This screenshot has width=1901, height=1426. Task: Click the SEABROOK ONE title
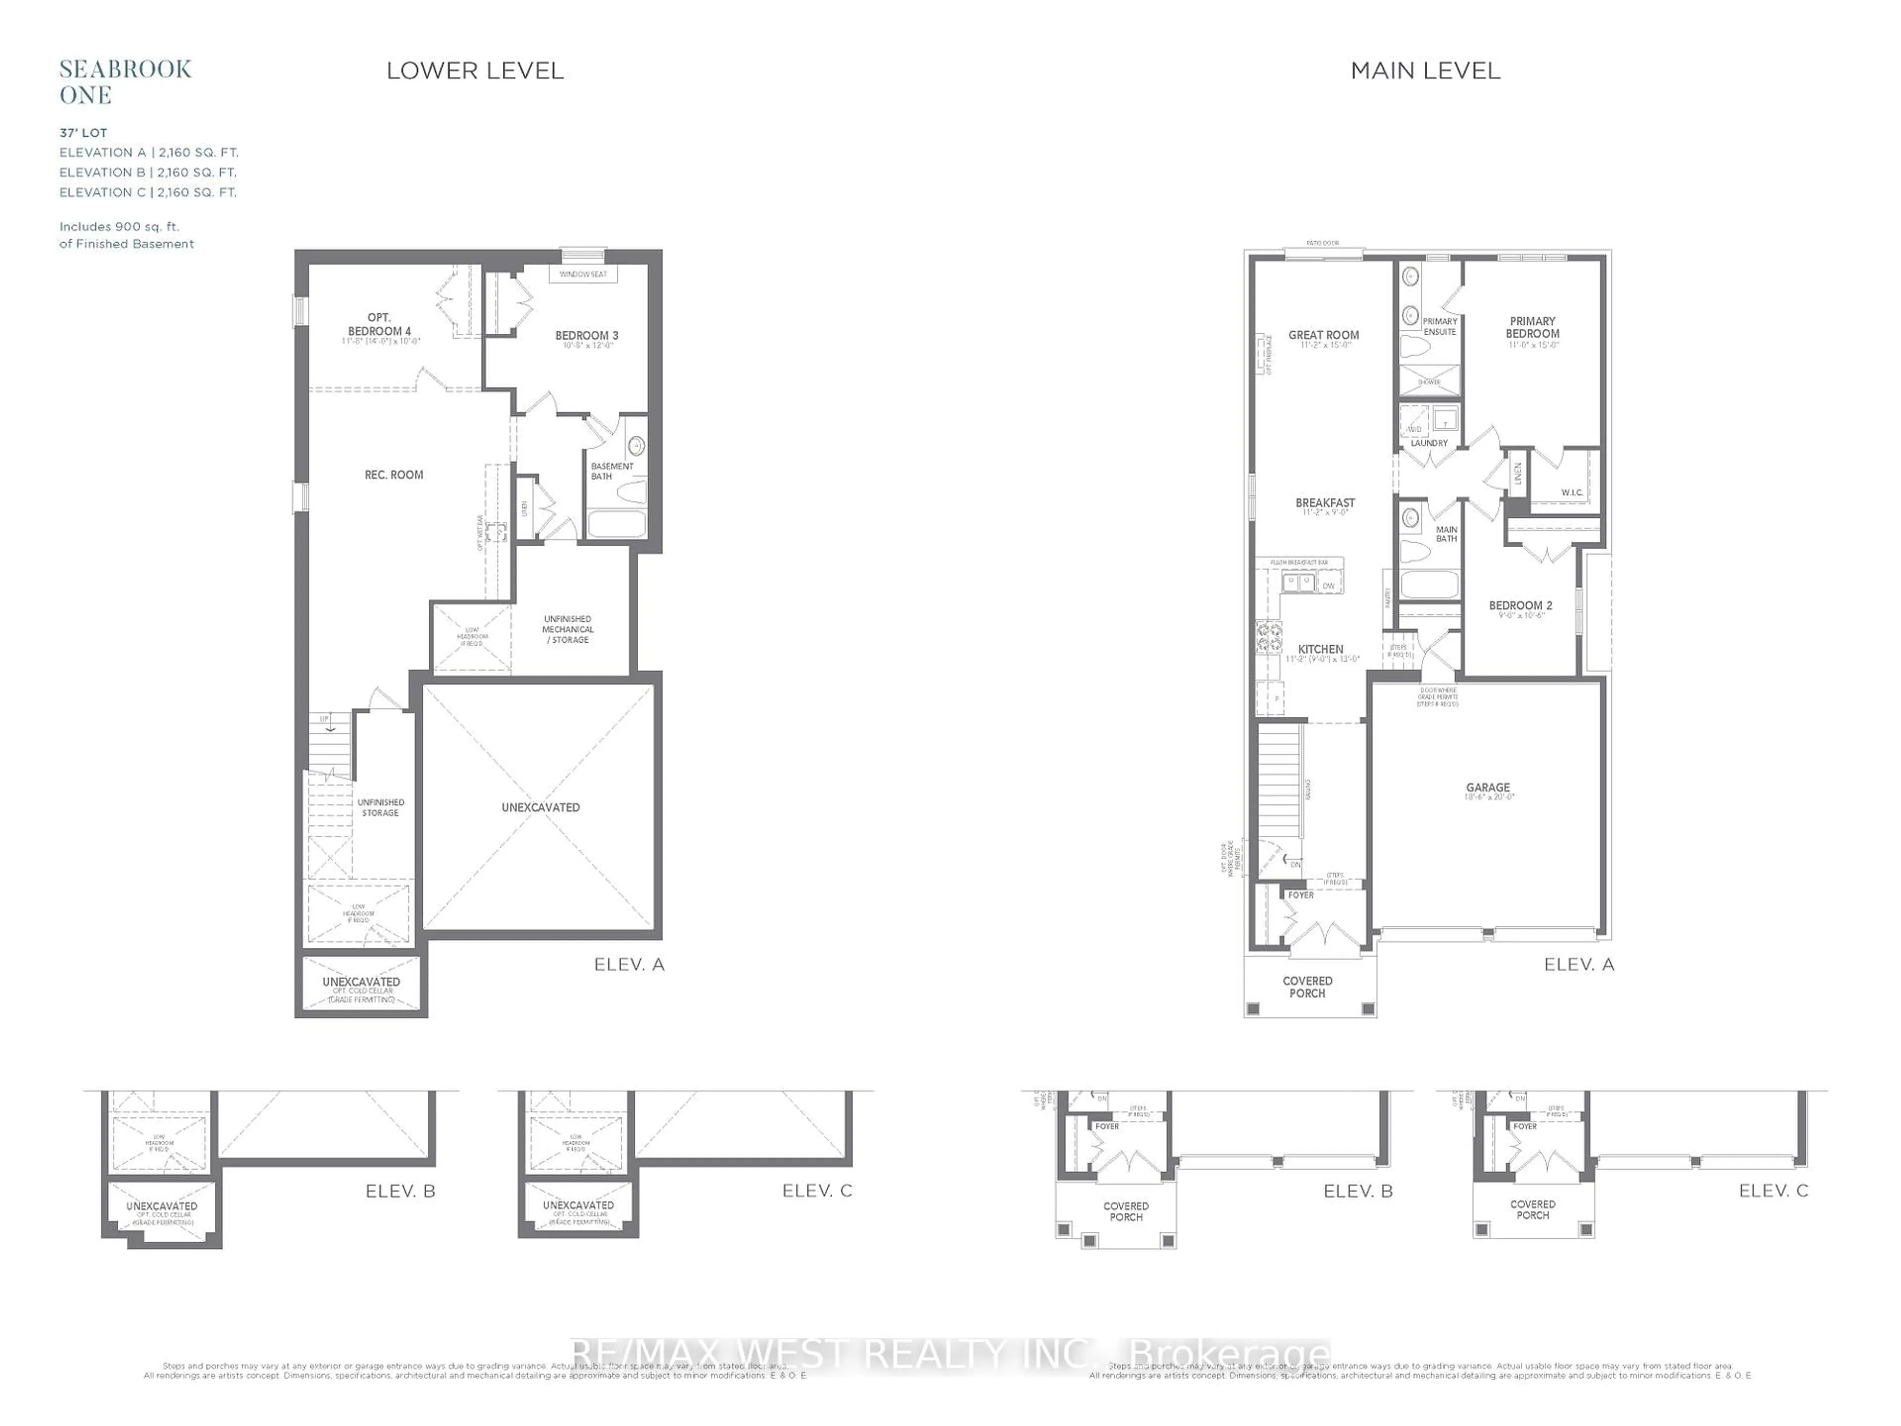[125, 82]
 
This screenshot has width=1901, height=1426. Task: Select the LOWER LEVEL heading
[474, 70]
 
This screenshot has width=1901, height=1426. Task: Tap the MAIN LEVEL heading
[1425, 70]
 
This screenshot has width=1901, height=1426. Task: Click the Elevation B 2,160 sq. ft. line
[148, 172]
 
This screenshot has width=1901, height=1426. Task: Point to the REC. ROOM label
[394, 474]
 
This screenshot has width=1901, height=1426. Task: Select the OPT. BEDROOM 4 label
[379, 325]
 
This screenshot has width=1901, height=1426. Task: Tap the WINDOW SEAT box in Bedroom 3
[583, 274]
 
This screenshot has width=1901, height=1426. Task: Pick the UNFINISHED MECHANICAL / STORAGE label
[567, 629]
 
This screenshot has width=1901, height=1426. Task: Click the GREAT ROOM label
[1323, 335]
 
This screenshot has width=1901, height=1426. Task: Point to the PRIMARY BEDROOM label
[1532, 327]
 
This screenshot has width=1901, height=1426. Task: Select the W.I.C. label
[1572, 493]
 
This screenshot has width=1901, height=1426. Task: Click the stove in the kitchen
[1268, 638]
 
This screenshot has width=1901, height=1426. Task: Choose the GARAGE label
[1488, 787]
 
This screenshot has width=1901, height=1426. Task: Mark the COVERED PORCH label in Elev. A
[1307, 987]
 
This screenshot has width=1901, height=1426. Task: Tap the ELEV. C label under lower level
[816, 1190]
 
